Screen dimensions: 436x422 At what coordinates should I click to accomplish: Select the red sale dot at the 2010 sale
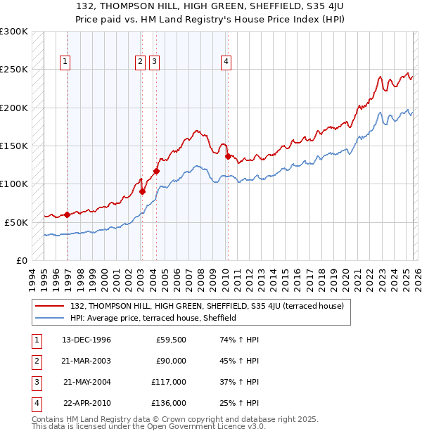228,156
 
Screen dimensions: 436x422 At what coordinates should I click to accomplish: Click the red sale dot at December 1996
68,214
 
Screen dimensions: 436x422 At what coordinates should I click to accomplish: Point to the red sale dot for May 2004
156,171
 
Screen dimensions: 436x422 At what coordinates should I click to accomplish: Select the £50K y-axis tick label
16,222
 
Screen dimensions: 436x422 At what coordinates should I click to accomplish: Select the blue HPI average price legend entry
153,318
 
